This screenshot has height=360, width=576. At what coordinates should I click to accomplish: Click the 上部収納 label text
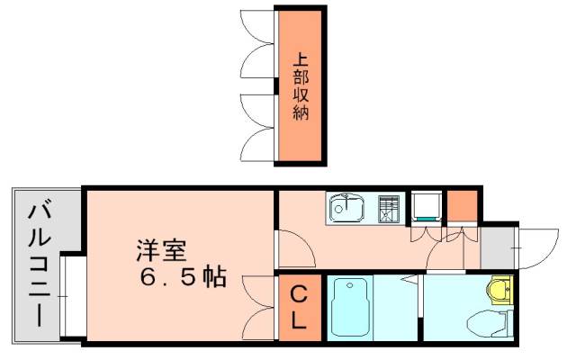[x=301, y=86]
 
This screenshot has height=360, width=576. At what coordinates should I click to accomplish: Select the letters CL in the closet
[x=298, y=307]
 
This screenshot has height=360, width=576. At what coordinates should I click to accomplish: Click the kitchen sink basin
[x=346, y=210]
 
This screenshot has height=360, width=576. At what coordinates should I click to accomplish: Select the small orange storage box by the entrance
[x=461, y=206]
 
